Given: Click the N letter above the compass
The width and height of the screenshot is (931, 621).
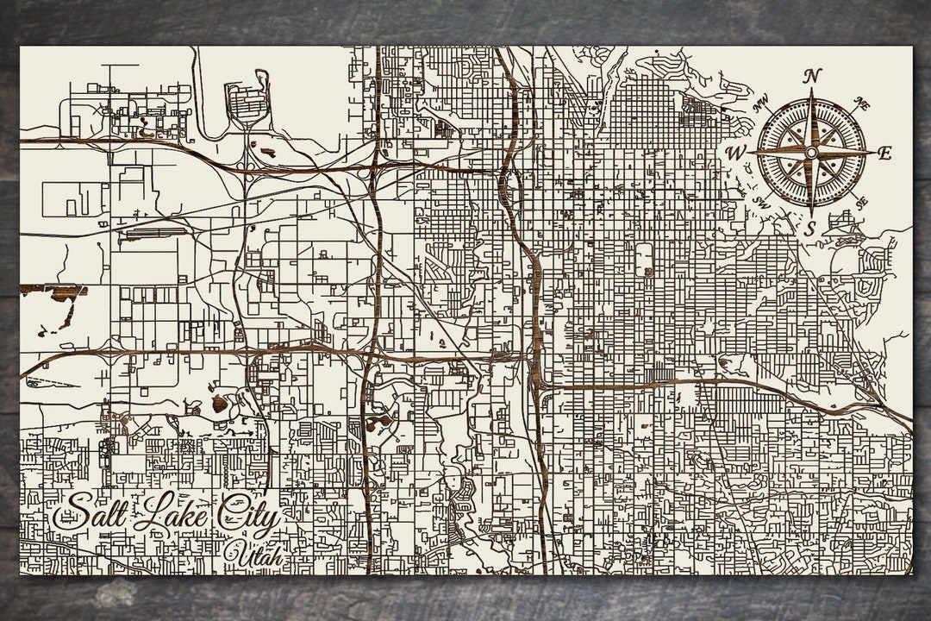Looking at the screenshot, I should point(811,76).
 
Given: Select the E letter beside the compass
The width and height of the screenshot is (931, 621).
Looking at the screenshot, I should point(884,154).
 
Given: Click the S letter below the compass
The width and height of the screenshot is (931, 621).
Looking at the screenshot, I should point(809,229).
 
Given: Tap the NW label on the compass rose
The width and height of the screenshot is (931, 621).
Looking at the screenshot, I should point(761,106).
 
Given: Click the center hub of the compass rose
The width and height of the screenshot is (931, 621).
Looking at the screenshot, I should point(810,153).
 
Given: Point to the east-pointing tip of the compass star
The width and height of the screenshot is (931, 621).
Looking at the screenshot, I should point(871,153).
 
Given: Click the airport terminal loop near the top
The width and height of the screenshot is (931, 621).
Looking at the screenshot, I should point(247,102).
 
